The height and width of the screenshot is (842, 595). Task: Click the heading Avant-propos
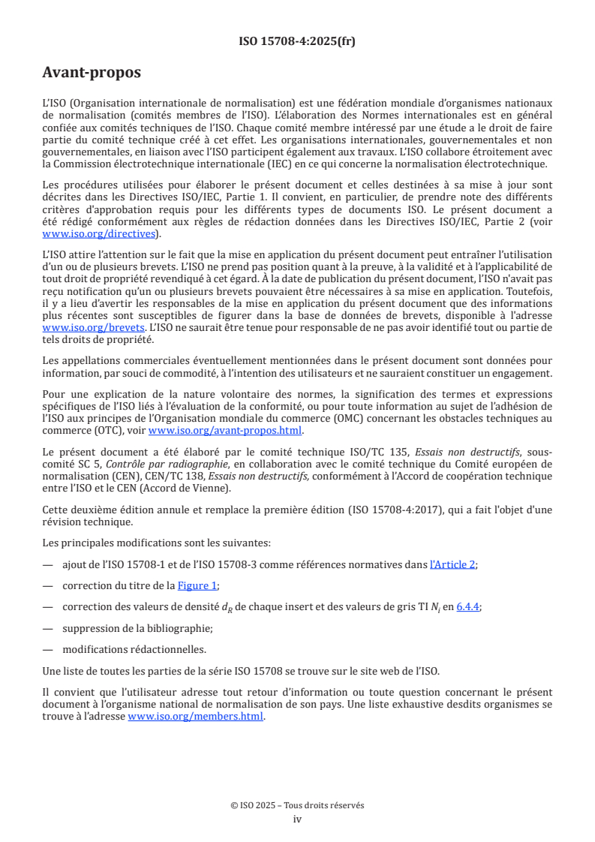(x=92, y=73)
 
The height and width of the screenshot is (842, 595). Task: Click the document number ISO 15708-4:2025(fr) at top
(x=297, y=42)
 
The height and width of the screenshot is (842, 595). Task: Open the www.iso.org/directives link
(x=101, y=234)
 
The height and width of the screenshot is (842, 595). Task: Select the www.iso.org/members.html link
(x=196, y=716)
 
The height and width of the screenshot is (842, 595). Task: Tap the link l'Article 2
(x=452, y=564)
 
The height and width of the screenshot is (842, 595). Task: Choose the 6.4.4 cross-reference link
(x=468, y=607)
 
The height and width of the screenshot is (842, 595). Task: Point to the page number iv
(x=297, y=819)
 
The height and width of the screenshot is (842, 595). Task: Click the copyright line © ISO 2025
(x=297, y=805)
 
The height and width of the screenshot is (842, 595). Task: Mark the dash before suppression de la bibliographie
(x=48, y=628)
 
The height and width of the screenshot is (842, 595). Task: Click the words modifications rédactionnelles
(x=134, y=649)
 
